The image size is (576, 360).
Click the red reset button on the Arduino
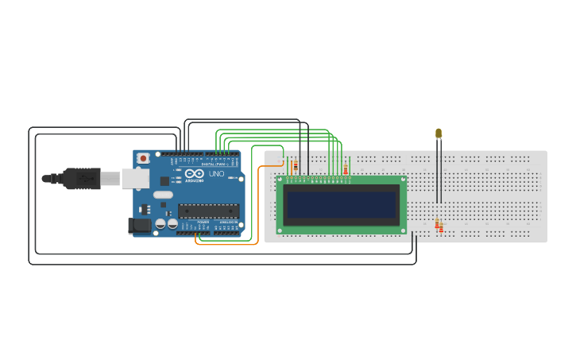click(x=143, y=158)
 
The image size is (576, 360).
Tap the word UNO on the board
click(x=216, y=174)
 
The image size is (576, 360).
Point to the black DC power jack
click(x=141, y=226)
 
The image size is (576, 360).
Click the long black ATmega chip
click(x=208, y=211)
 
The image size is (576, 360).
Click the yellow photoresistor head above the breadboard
click(x=439, y=133)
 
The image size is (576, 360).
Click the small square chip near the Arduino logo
click(x=164, y=180)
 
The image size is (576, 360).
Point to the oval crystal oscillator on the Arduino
click(x=163, y=195)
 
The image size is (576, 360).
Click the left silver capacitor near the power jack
click(x=160, y=224)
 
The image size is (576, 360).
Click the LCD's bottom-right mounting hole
click(x=403, y=230)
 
